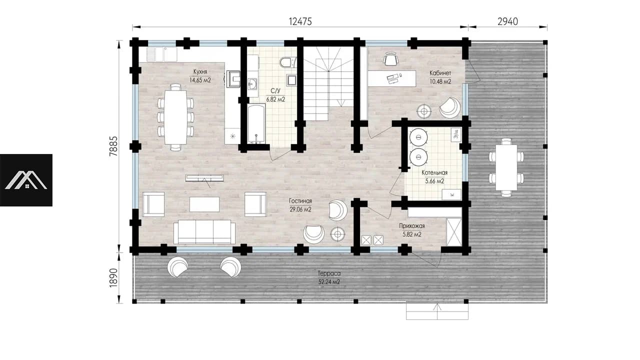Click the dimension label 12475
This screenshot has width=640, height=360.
300,21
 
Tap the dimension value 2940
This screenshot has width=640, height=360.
507,21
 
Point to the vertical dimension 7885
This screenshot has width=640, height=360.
113,146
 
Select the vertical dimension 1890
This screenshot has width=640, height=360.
113,277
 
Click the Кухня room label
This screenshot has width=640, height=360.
200,71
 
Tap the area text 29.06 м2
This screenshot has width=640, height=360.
300,209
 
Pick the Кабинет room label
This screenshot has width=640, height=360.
440,73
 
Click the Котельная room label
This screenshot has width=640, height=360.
434,172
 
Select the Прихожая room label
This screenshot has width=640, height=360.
411,226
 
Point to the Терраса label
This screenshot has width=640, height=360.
329,273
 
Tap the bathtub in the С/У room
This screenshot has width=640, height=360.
256,123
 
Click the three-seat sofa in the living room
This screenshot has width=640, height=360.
204,231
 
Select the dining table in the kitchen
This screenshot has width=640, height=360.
175,117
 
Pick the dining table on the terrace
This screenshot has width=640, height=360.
506,167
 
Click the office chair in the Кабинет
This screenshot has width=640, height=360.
390,59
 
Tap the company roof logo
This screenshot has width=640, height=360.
26,180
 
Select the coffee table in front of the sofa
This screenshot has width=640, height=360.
204,204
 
